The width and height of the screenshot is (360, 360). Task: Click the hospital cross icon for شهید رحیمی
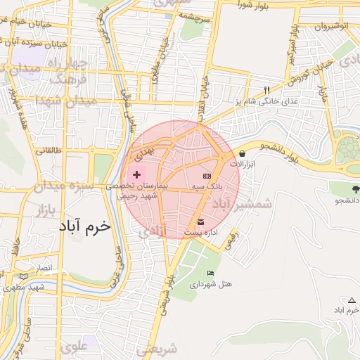click(x=136, y=174)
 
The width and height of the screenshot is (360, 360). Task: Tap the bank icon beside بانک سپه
click(x=207, y=175)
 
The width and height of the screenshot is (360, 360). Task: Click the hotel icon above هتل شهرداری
click(x=210, y=273)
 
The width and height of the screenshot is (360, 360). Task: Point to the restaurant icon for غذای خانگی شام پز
click(x=266, y=90)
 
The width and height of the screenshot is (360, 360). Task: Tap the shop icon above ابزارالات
click(x=243, y=153)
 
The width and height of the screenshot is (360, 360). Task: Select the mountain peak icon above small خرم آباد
click(x=352, y=300)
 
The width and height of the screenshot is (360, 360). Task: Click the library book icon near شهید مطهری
click(x=25, y=276)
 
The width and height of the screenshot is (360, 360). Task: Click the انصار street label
click(x=44, y=268)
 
